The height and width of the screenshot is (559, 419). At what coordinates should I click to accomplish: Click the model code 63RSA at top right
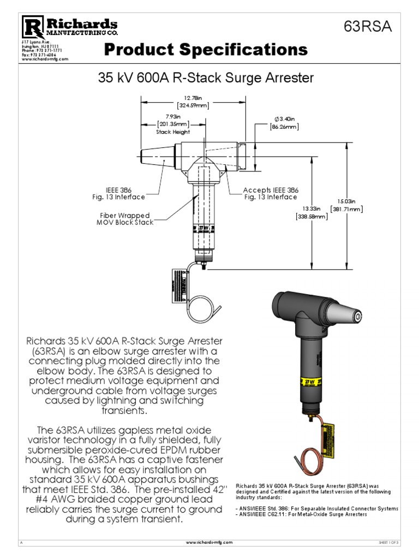pos(368,27)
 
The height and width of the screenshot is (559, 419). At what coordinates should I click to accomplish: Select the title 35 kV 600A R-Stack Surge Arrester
pos(206,78)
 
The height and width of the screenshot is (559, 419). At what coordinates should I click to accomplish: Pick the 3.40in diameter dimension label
pos(284,123)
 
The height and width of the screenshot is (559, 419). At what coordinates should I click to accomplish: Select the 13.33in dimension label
pos(312,212)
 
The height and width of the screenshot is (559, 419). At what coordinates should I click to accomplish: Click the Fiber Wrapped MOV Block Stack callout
pos(125,219)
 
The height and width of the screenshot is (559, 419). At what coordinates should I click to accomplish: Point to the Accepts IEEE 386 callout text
pos(270,193)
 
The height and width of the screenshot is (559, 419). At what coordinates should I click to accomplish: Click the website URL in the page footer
pos(209,542)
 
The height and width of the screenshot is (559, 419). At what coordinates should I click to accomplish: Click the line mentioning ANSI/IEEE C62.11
pos(302,515)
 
